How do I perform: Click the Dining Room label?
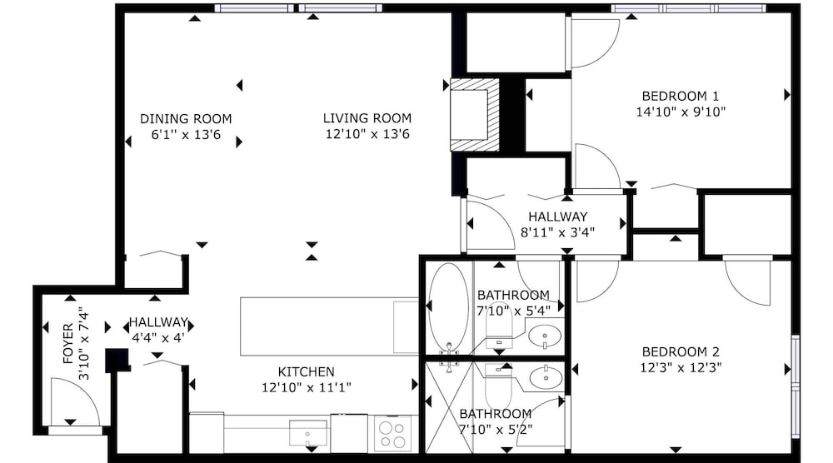pyautogui.click(x=186, y=118)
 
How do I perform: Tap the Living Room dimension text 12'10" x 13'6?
pyautogui.click(x=367, y=134)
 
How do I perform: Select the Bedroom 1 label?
pyautogui.click(x=681, y=96)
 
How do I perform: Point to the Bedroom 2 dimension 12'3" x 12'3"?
pyautogui.click(x=681, y=367)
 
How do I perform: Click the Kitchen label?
pyautogui.click(x=306, y=371)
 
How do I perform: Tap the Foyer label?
pyautogui.click(x=68, y=344)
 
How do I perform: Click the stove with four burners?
pyautogui.click(x=392, y=435)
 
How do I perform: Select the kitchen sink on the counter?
pyautogui.click(x=308, y=433)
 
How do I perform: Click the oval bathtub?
pyautogui.click(x=449, y=308)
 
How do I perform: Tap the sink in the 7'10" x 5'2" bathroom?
pyautogui.click(x=546, y=377)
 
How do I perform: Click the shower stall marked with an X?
pyautogui.click(x=449, y=408)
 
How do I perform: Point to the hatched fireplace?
pyautogui.click(x=476, y=114)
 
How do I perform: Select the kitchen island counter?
pyautogui.click(x=329, y=326)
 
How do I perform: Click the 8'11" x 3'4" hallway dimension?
pyautogui.click(x=557, y=232)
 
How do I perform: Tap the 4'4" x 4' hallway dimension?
pyautogui.click(x=157, y=338)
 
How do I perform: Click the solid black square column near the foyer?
pyautogui.click(x=117, y=360)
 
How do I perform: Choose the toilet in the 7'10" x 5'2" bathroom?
pyautogui.click(x=498, y=386)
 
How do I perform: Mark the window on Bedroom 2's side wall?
pyautogui.click(x=795, y=387)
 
